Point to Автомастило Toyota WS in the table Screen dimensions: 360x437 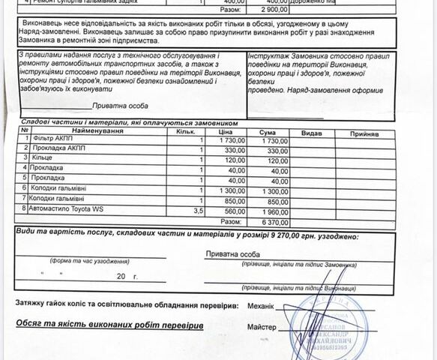67,209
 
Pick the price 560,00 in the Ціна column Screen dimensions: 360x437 236,211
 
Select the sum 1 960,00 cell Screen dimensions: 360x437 274,211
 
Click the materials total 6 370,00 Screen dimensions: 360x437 274,222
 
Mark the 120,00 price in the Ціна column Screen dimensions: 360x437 236,160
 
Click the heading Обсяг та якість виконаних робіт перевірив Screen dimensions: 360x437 109,326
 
